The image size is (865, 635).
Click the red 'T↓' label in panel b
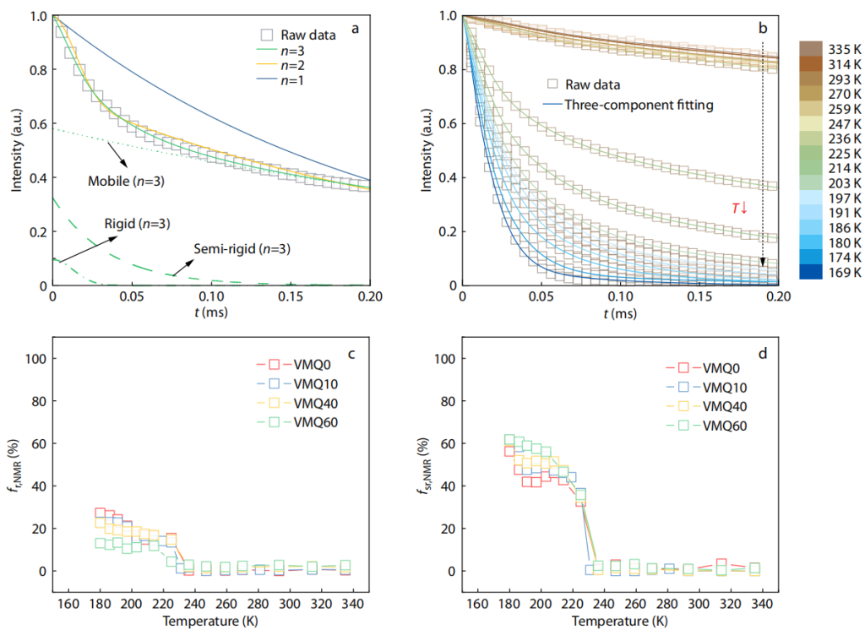pos(739,207)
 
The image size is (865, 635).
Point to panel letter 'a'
pos(356,29)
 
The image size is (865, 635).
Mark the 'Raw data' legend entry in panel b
pos(591,84)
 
